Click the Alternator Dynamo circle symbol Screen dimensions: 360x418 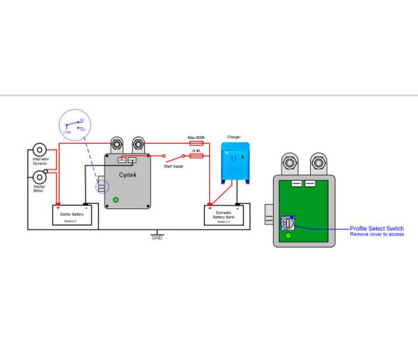pos(40,150)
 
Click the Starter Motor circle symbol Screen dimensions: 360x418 pos(40,176)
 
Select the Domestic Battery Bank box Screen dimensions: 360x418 pos(223,215)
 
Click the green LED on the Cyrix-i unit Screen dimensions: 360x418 pos(116,200)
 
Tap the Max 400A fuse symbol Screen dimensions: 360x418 pos(197,144)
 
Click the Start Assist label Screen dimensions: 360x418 pos(173,166)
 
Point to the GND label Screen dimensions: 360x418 pos(157,238)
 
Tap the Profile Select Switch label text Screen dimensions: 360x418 pos(377,229)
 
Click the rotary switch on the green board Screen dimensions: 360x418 pos(288,222)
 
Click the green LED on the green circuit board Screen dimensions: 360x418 pos(288,235)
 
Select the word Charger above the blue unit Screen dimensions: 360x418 pos(233,137)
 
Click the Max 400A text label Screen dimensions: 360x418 pos(196,137)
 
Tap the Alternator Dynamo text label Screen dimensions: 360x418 pos(40,162)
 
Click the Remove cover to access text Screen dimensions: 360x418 pos(377,234)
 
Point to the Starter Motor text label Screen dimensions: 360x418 pos(39,189)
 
